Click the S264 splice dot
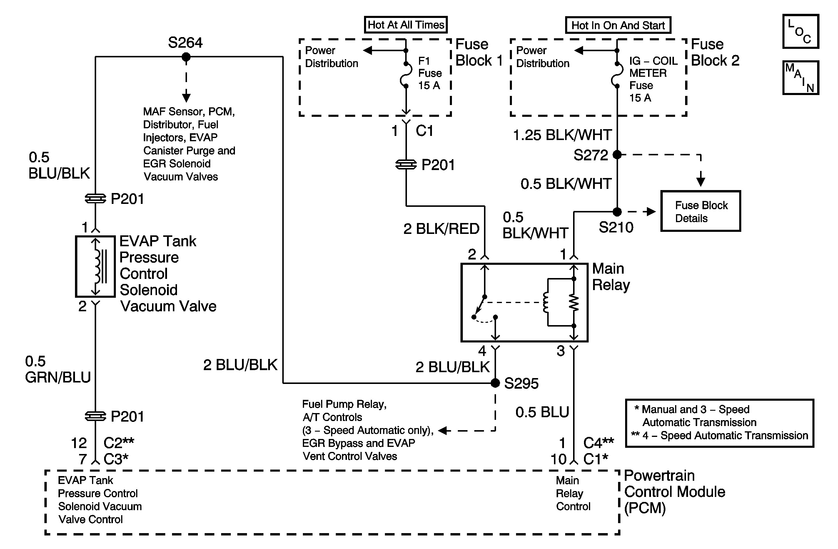click(186, 57)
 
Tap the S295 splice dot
click(495, 383)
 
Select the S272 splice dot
click(617, 154)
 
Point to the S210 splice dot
click(617, 212)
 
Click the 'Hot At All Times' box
click(405, 25)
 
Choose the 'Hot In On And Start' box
click(618, 25)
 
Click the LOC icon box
click(800, 31)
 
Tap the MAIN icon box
click(800, 77)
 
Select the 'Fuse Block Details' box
click(700, 211)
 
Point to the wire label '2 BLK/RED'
click(441, 229)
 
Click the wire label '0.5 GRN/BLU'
click(58, 369)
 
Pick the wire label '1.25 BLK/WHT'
click(562, 135)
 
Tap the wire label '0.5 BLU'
click(542, 412)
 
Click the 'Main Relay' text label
click(610, 277)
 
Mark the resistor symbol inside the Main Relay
click(574, 302)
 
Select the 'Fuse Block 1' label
click(479, 52)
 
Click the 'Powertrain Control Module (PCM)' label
click(674, 492)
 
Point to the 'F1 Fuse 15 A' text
click(430, 73)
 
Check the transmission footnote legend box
click(719, 423)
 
